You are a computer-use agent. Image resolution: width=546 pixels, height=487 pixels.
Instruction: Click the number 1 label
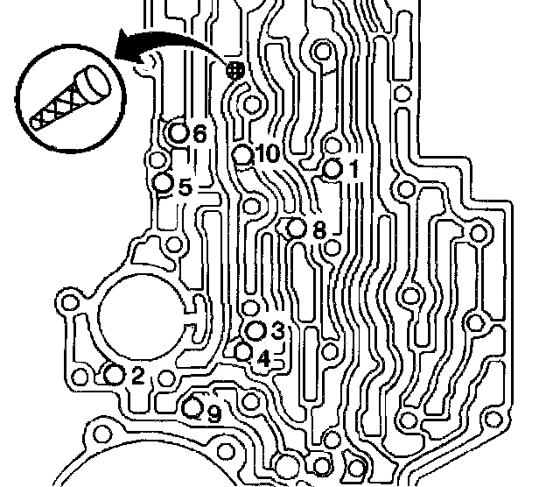coord(353,169)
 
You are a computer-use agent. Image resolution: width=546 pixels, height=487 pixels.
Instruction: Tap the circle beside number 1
coord(333,168)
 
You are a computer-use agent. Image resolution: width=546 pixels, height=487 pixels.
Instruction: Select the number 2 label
coord(138,376)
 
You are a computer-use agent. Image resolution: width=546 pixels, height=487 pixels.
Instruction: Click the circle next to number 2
coord(114,375)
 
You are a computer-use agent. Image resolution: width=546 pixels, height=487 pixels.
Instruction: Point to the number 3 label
coord(277,331)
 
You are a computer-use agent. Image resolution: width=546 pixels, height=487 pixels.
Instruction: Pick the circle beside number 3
coord(256,330)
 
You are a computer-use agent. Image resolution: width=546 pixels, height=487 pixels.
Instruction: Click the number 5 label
coord(185,187)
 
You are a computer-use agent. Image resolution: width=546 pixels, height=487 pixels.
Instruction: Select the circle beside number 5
coord(163,182)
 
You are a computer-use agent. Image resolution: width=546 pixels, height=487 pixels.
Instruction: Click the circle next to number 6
coord(178,133)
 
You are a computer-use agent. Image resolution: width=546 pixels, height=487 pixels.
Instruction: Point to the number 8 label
coord(318,230)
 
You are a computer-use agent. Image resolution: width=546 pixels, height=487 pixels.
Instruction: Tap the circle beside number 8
coord(297,229)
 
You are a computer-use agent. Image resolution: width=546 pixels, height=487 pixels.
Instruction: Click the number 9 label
coord(213,413)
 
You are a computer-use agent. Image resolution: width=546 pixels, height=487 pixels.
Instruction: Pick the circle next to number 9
coord(193,406)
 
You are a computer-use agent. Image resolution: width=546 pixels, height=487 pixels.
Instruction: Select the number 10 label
coord(267,154)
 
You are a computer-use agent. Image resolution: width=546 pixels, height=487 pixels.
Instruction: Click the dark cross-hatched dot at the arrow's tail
coord(234,72)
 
